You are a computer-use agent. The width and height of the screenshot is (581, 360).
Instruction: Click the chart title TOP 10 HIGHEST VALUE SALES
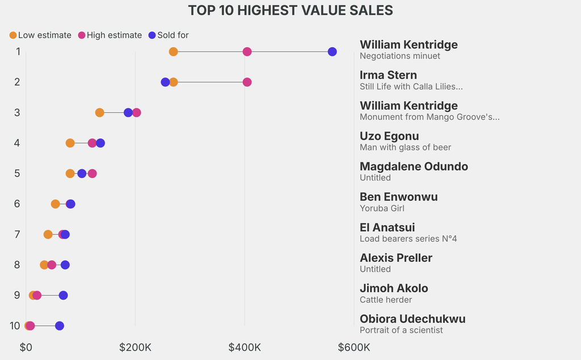pyautogui.click(x=290, y=10)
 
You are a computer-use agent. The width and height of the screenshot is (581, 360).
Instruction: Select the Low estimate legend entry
pyautogui.click(x=40, y=35)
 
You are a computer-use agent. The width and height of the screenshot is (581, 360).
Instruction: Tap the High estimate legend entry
pyautogui.click(x=110, y=35)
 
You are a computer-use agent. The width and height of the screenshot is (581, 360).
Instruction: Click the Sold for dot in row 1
pyautogui.click(x=332, y=52)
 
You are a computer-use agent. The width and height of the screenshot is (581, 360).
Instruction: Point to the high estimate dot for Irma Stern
pyautogui.click(x=247, y=82)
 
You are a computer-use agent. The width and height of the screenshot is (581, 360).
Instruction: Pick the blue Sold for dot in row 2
pyautogui.click(x=165, y=82)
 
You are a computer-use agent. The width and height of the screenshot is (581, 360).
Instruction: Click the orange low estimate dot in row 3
pyautogui.click(x=100, y=112)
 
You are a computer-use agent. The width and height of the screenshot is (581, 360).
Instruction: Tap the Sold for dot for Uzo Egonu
pyautogui.click(x=100, y=143)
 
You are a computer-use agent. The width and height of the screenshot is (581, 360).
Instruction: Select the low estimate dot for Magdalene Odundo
pyautogui.click(x=70, y=173)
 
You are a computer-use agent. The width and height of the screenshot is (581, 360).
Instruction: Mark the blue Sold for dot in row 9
pyautogui.click(x=64, y=295)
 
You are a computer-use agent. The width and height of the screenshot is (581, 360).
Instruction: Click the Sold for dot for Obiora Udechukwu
pyautogui.click(x=60, y=326)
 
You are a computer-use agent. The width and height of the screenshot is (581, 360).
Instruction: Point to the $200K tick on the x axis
pyautogui.click(x=135, y=347)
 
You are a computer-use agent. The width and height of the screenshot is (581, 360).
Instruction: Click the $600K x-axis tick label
pyautogui.click(x=354, y=347)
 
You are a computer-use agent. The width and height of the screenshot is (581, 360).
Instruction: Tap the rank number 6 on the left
pyautogui.click(x=17, y=204)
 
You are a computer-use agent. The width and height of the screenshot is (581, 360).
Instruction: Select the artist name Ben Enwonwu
pyautogui.click(x=398, y=197)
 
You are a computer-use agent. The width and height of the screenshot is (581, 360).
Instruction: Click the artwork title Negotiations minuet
pyautogui.click(x=399, y=56)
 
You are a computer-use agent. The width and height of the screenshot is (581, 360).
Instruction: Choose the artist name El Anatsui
pyautogui.click(x=387, y=228)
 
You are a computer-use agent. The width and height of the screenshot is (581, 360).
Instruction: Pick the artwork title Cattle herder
pyautogui.click(x=386, y=300)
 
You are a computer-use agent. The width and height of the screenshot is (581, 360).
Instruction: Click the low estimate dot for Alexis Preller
pyautogui.click(x=44, y=265)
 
